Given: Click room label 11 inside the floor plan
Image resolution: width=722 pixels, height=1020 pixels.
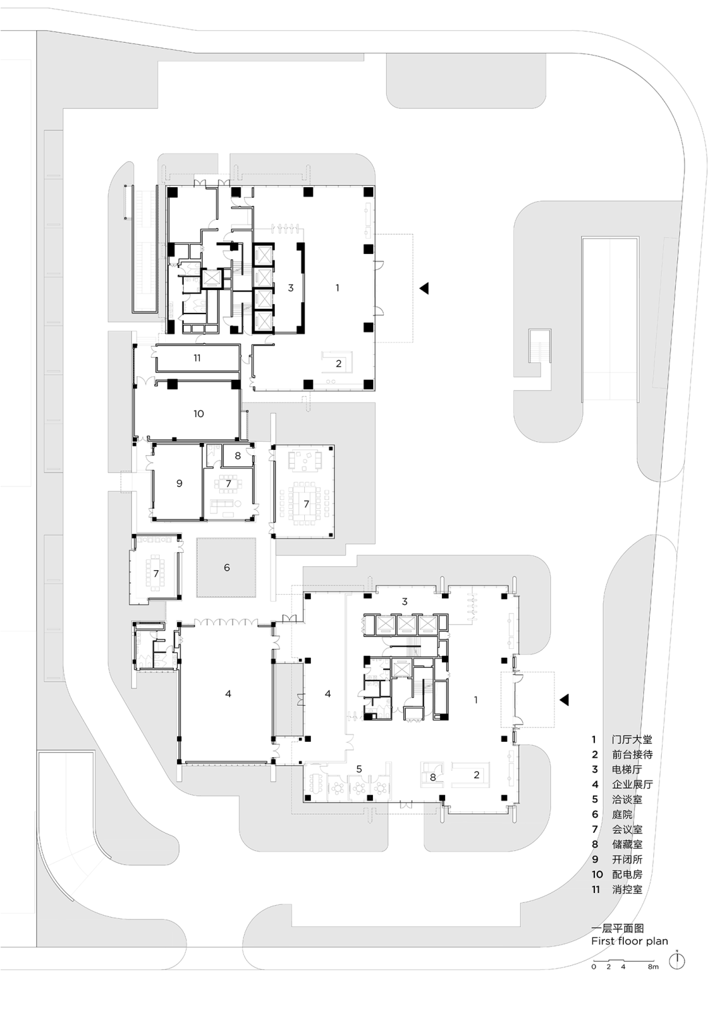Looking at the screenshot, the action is coord(197,358).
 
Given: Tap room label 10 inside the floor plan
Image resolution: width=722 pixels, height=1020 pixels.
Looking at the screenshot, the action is coord(199,414).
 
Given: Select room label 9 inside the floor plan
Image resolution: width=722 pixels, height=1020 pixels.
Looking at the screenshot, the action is coord(179,483).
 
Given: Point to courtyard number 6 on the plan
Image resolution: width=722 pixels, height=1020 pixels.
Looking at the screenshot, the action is coord(227,567).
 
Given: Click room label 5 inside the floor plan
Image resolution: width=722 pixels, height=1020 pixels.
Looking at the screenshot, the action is coord(359,769).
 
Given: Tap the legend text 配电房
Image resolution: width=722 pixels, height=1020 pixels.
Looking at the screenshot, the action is coord(627,874).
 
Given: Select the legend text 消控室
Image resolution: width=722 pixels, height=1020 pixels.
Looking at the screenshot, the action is coord(627,889).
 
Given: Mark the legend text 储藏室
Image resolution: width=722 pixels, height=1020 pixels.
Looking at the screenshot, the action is coord(627,844).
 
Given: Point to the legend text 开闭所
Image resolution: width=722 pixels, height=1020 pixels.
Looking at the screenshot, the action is coord(627,860).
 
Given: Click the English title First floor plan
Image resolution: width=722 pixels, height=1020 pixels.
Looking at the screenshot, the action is coord(630,941).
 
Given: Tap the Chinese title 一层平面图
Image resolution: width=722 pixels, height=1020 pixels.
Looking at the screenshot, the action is coord(617,928).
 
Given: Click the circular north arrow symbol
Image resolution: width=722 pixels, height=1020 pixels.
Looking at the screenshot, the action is coord(677,961).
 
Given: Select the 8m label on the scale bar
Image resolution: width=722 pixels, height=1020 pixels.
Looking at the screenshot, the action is coord(653,967).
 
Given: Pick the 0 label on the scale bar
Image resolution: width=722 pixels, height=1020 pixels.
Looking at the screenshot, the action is coord(594,967).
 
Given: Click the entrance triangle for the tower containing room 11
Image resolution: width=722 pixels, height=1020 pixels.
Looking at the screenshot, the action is coord(424,288).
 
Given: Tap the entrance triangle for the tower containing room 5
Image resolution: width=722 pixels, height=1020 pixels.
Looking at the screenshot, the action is coord(564,699).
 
